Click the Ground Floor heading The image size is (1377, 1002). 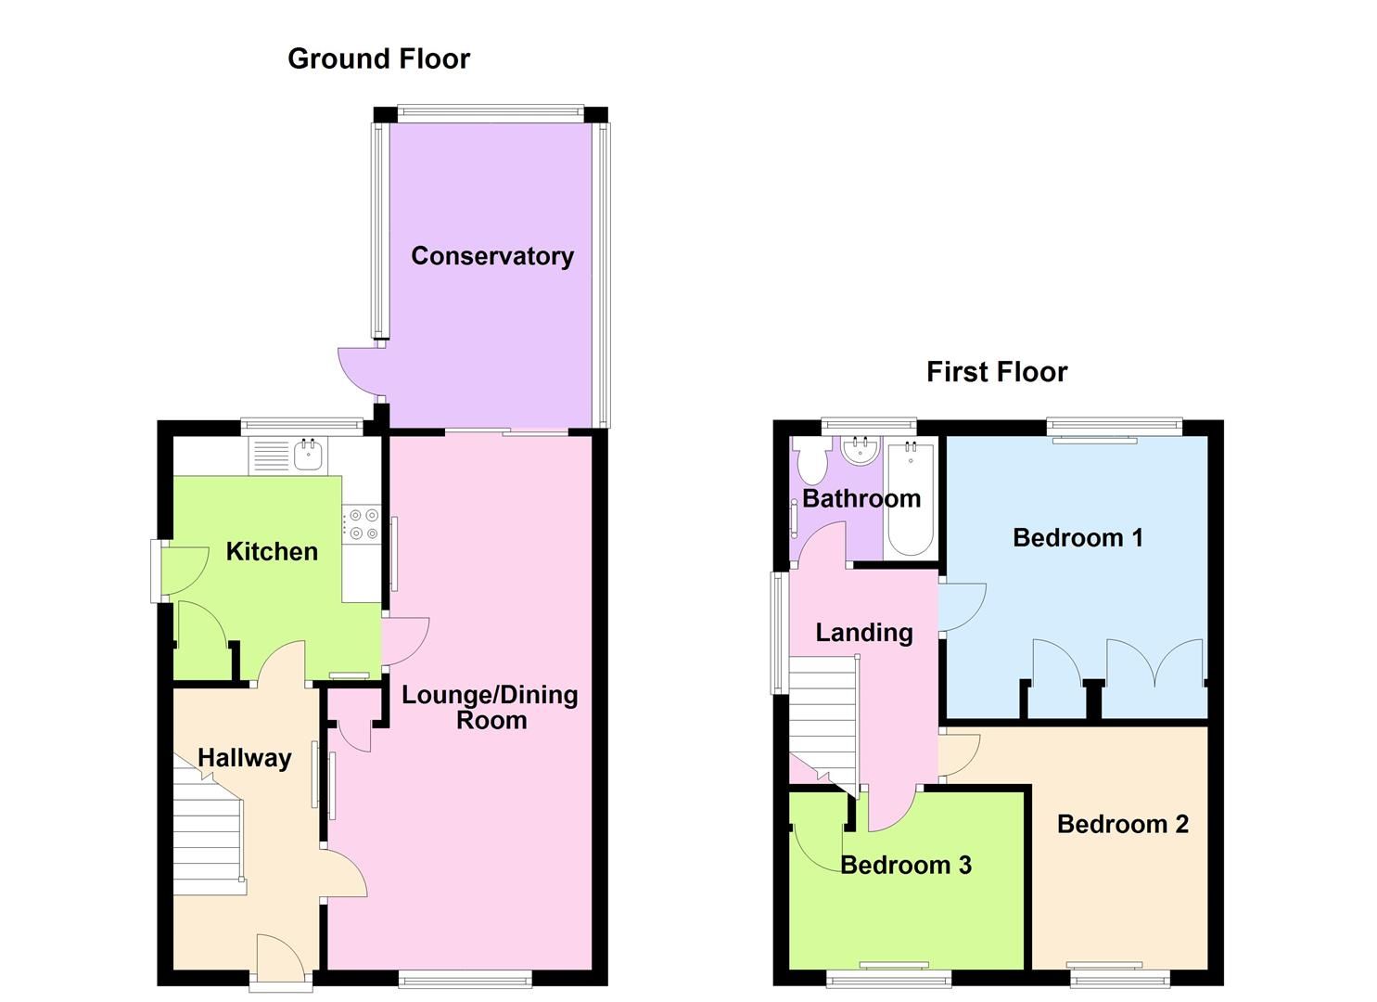point(378,58)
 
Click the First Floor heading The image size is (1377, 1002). point(997,372)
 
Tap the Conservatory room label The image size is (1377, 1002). point(491,256)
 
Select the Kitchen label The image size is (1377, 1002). point(272,551)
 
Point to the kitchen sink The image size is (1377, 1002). point(307,456)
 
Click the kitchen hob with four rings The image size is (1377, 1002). point(361,523)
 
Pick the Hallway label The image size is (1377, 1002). point(245,758)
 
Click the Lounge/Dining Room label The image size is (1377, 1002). point(490,707)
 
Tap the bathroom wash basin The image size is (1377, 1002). point(861,452)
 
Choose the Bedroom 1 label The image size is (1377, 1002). point(1077,538)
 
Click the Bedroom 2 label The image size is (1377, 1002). point(1122,824)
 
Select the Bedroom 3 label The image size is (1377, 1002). point(905,865)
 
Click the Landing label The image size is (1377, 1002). point(864,633)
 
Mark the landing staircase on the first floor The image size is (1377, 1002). point(822,719)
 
